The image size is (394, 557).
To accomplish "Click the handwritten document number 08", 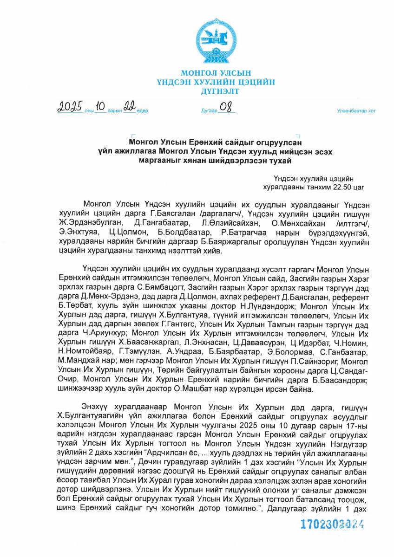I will point(225,107).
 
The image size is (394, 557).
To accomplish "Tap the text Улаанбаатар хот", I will point(356,111).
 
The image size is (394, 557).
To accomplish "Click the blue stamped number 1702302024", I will point(332,525).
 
